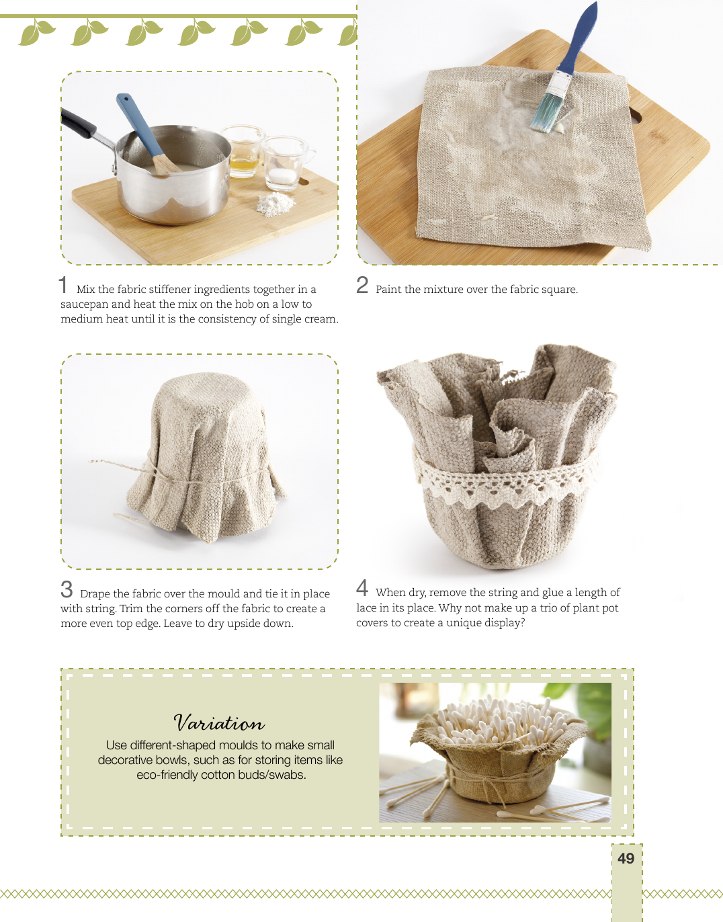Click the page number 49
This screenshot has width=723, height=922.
point(626,858)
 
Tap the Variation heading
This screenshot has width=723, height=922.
point(219,723)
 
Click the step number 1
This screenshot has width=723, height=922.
point(63,285)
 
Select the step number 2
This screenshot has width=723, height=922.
point(362,285)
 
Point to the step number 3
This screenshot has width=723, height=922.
point(67,589)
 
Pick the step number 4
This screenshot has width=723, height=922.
point(362,588)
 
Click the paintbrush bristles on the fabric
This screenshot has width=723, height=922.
point(543,112)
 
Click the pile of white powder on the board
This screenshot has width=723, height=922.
point(275,204)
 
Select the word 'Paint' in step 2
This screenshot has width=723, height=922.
point(388,290)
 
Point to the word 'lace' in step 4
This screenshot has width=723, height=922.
point(366,607)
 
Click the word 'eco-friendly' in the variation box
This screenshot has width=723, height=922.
point(167,775)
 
